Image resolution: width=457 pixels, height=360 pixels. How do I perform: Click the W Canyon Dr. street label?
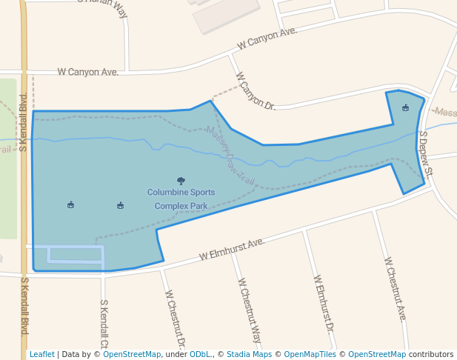point(255,91)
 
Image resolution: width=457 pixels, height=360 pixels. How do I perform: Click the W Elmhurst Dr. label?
point(324,303)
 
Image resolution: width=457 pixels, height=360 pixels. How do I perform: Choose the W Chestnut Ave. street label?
point(394,290)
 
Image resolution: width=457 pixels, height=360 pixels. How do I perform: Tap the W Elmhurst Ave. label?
point(232,249)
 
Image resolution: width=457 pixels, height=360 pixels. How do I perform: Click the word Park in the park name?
point(199,205)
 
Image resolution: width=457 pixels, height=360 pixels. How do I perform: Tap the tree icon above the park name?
point(181,180)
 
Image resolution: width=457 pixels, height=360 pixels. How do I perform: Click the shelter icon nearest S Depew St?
point(405,108)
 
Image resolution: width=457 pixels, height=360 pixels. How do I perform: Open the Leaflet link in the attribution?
point(41,354)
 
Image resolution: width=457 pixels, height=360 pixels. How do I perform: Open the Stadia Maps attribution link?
point(249,354)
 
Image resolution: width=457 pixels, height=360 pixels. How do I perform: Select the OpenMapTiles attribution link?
point(307,354)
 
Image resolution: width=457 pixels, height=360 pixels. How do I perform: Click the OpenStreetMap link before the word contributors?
point(376,354)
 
